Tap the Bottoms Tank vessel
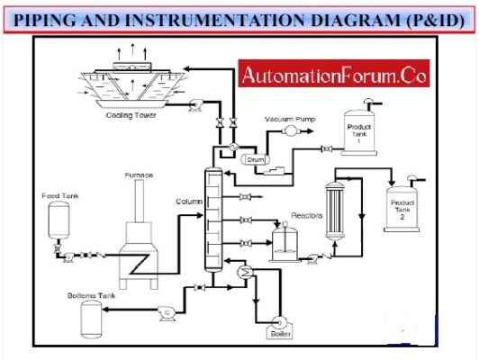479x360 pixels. (91, 316)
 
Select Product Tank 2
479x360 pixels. (402, 204)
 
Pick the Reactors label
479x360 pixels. (306, 215)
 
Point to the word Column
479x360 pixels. (188, 202)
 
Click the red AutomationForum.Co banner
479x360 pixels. (335, 76)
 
